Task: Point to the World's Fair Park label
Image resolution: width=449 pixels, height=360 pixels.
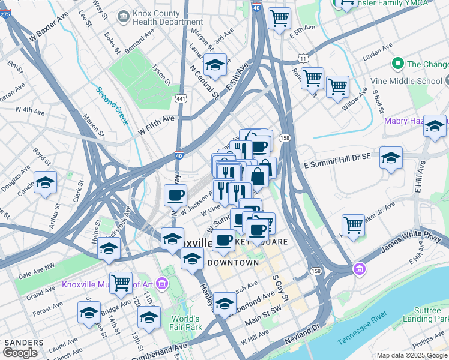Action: pos(185,323)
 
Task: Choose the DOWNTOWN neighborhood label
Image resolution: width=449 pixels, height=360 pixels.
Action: pos(234,263)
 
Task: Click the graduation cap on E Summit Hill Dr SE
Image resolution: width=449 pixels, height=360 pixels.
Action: pos(391,157)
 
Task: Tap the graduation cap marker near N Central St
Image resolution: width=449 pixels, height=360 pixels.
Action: pos(214,65)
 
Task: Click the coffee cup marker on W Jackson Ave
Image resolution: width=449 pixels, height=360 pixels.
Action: pos(175,195)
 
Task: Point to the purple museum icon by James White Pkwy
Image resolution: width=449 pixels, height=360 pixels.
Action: pos(359,268)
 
